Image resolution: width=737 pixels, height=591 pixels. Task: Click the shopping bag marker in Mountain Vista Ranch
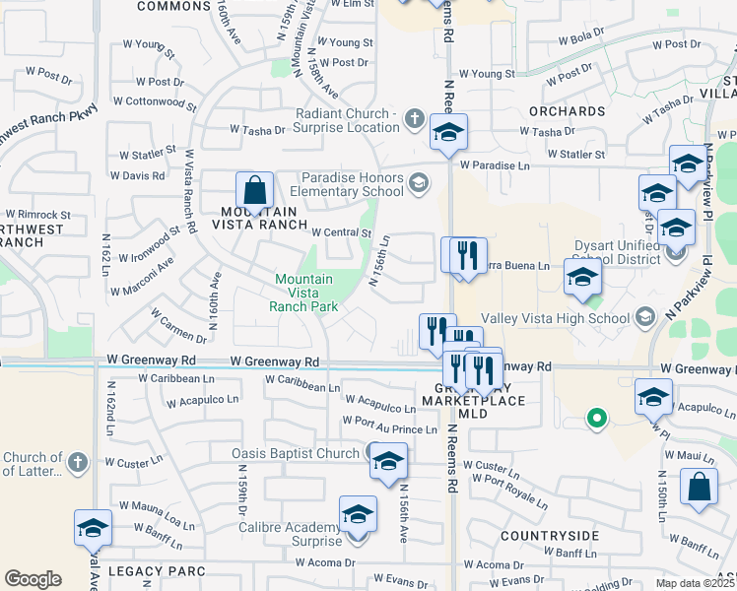pos(254,191)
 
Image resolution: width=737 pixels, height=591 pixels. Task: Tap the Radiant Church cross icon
pos(414,120)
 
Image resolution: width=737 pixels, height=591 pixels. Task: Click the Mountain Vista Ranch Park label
pos(303,293)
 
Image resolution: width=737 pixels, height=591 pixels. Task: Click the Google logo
pos(33,579)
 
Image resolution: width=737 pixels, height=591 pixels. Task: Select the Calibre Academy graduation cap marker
pos(358,515)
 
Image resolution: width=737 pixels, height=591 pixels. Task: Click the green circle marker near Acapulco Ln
pos(595,419)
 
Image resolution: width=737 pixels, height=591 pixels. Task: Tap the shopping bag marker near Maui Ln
pos(699,490)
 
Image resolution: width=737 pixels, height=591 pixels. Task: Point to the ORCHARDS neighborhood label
pos(566,111)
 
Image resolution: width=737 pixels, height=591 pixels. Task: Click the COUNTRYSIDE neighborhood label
pos(549,536)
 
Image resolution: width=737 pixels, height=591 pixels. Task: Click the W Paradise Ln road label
pos(494,165)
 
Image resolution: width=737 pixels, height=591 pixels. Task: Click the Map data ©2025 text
pos(696,583)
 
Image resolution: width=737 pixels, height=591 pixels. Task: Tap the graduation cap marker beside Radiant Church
pos(448,133)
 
